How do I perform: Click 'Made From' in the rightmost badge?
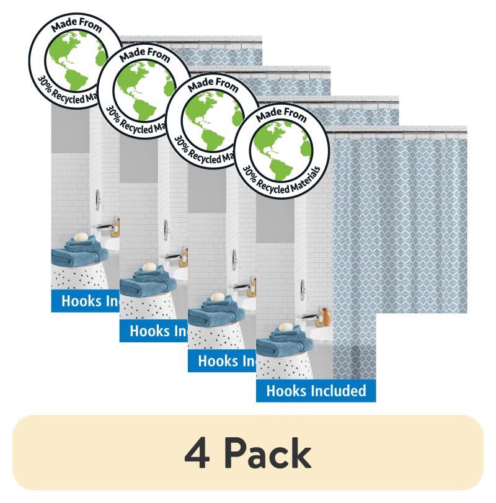[283, 116]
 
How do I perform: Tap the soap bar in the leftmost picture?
[81, 236]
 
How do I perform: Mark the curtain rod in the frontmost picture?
[397, 129]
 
